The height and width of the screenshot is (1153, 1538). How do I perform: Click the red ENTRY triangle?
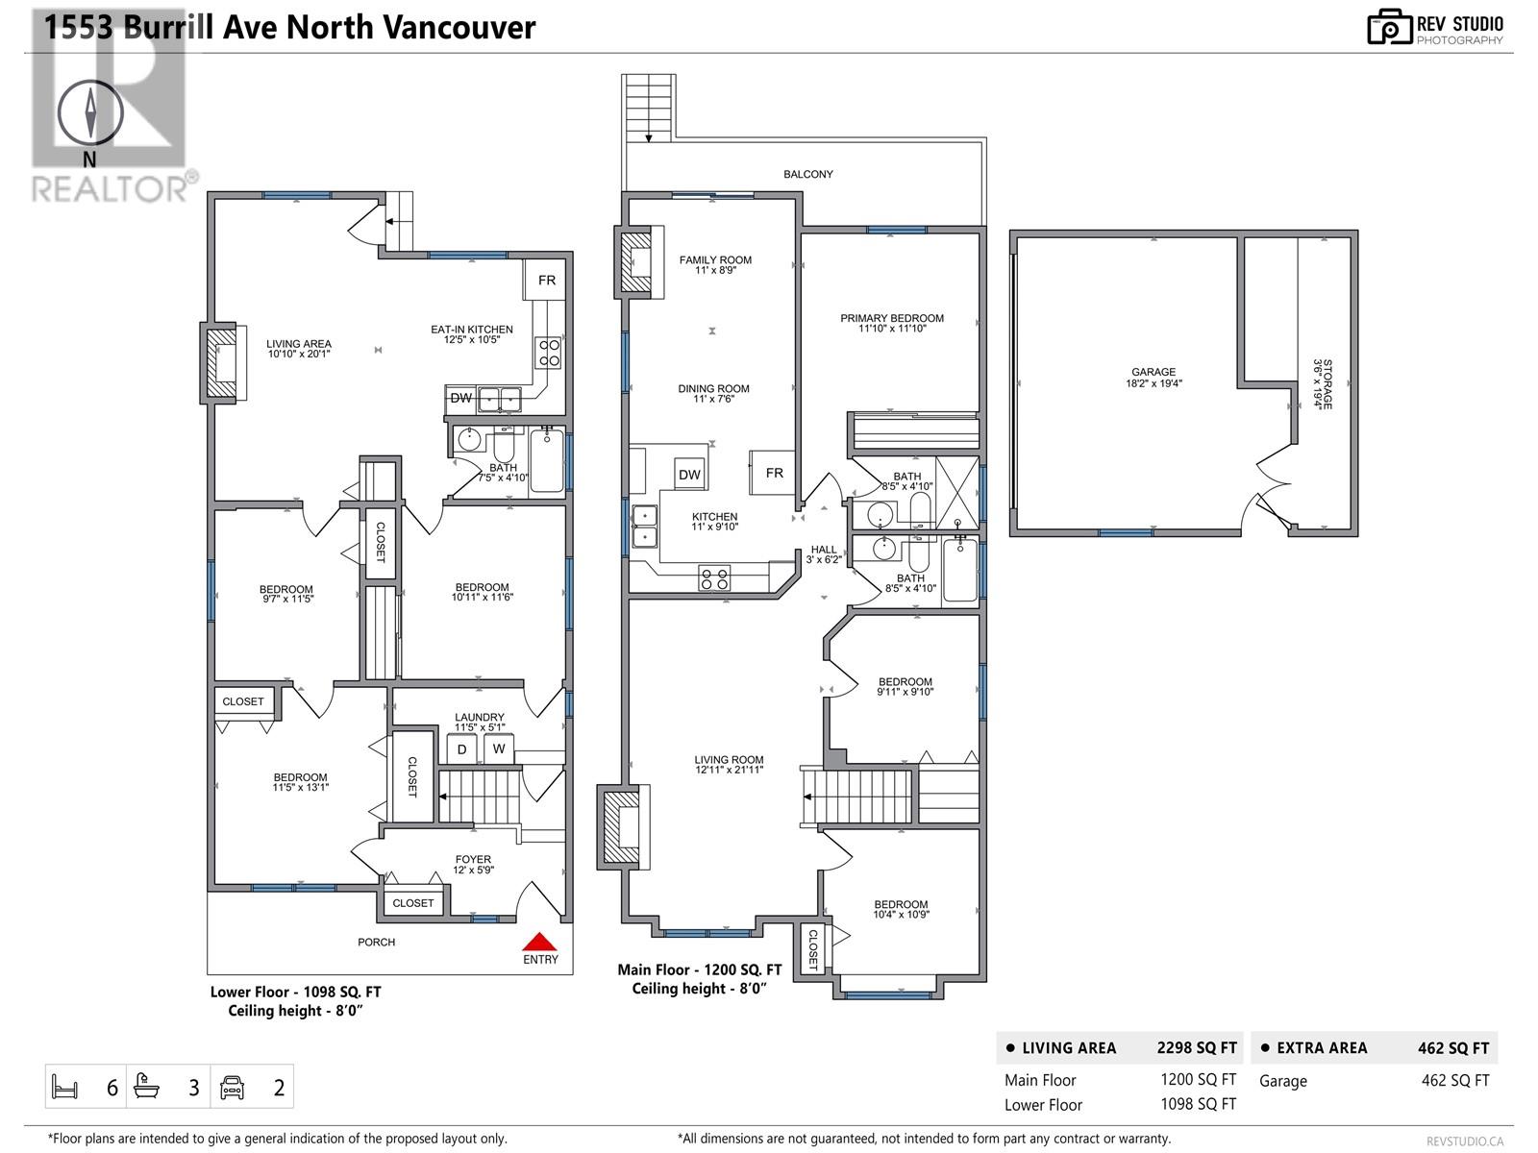point(540,942)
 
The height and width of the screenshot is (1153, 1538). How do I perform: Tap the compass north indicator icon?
point(91,113)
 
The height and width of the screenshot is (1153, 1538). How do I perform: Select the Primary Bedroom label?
point(891,323)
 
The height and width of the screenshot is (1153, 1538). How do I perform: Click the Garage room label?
point(1153,377)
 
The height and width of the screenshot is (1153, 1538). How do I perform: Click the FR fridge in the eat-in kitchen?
point(546,281)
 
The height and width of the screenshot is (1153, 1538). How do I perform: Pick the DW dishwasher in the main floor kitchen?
point(689,474)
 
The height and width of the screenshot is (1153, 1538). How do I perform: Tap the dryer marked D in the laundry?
point(462,748)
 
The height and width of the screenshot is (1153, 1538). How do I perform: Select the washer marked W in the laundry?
point(499,748)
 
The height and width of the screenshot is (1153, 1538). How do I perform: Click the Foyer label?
point(473,865)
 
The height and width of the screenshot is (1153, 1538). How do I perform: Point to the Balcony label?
point(807,174)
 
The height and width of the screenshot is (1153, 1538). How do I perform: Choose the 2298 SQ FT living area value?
point(1196,1047)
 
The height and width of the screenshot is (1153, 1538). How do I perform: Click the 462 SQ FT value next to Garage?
point(1454,1080)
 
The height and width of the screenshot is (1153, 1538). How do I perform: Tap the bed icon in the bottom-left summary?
point(64,1088)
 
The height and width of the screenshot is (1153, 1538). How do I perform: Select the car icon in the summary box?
point(233,1088)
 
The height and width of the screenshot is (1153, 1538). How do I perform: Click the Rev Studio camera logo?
point(1389,27)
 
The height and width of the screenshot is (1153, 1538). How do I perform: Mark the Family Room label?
point(715,264)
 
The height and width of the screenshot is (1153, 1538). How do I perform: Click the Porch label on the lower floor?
point(376,942)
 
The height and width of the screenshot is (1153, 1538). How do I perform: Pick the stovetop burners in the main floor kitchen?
point(713,578)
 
